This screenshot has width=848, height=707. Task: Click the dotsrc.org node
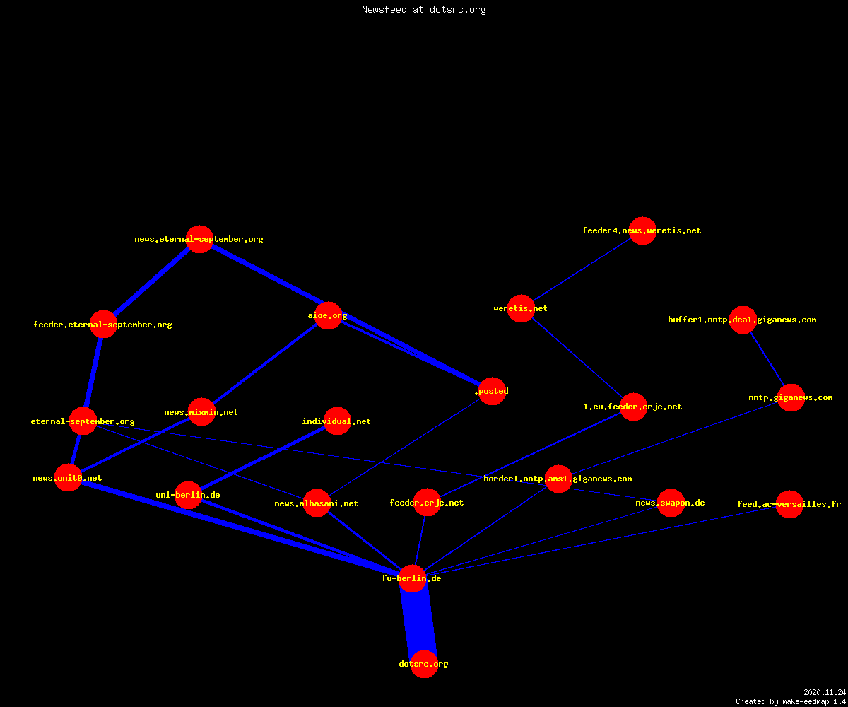(x=424, y=664)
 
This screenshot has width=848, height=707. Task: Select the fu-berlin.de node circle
(x=412, y=578)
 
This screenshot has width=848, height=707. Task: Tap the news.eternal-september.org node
(x=199, y=239)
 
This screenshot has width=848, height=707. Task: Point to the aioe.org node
(x=328, y=315)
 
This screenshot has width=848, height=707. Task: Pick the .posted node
(x=493, y=391)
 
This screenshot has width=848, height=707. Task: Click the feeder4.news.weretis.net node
(x=642, y=230)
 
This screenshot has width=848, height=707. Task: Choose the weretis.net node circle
(x=521, y=308)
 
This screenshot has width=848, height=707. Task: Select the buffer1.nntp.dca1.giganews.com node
(x=743, y=320)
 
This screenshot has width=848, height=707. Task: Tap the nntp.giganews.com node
(x=791, y=397)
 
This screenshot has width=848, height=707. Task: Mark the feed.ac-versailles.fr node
(x=789, y=504)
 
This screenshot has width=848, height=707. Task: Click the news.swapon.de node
(x=671, y=503)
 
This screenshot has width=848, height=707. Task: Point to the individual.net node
(x=337, y=421)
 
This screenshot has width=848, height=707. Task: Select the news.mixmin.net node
(x=201, y=411)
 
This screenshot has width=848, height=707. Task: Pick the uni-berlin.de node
(x=189, y=495)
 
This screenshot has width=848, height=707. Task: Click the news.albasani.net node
(x=317, y=503)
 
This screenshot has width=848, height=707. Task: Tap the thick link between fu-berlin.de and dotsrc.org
(x=418, y=621)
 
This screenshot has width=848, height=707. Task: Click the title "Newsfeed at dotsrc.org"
(x=423, y=9)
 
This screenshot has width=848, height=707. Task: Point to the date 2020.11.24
(x=825, y=692)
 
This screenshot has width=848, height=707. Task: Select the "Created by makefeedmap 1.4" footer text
(x=791, y=701)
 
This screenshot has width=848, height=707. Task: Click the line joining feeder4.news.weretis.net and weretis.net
(x=582, y=269)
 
